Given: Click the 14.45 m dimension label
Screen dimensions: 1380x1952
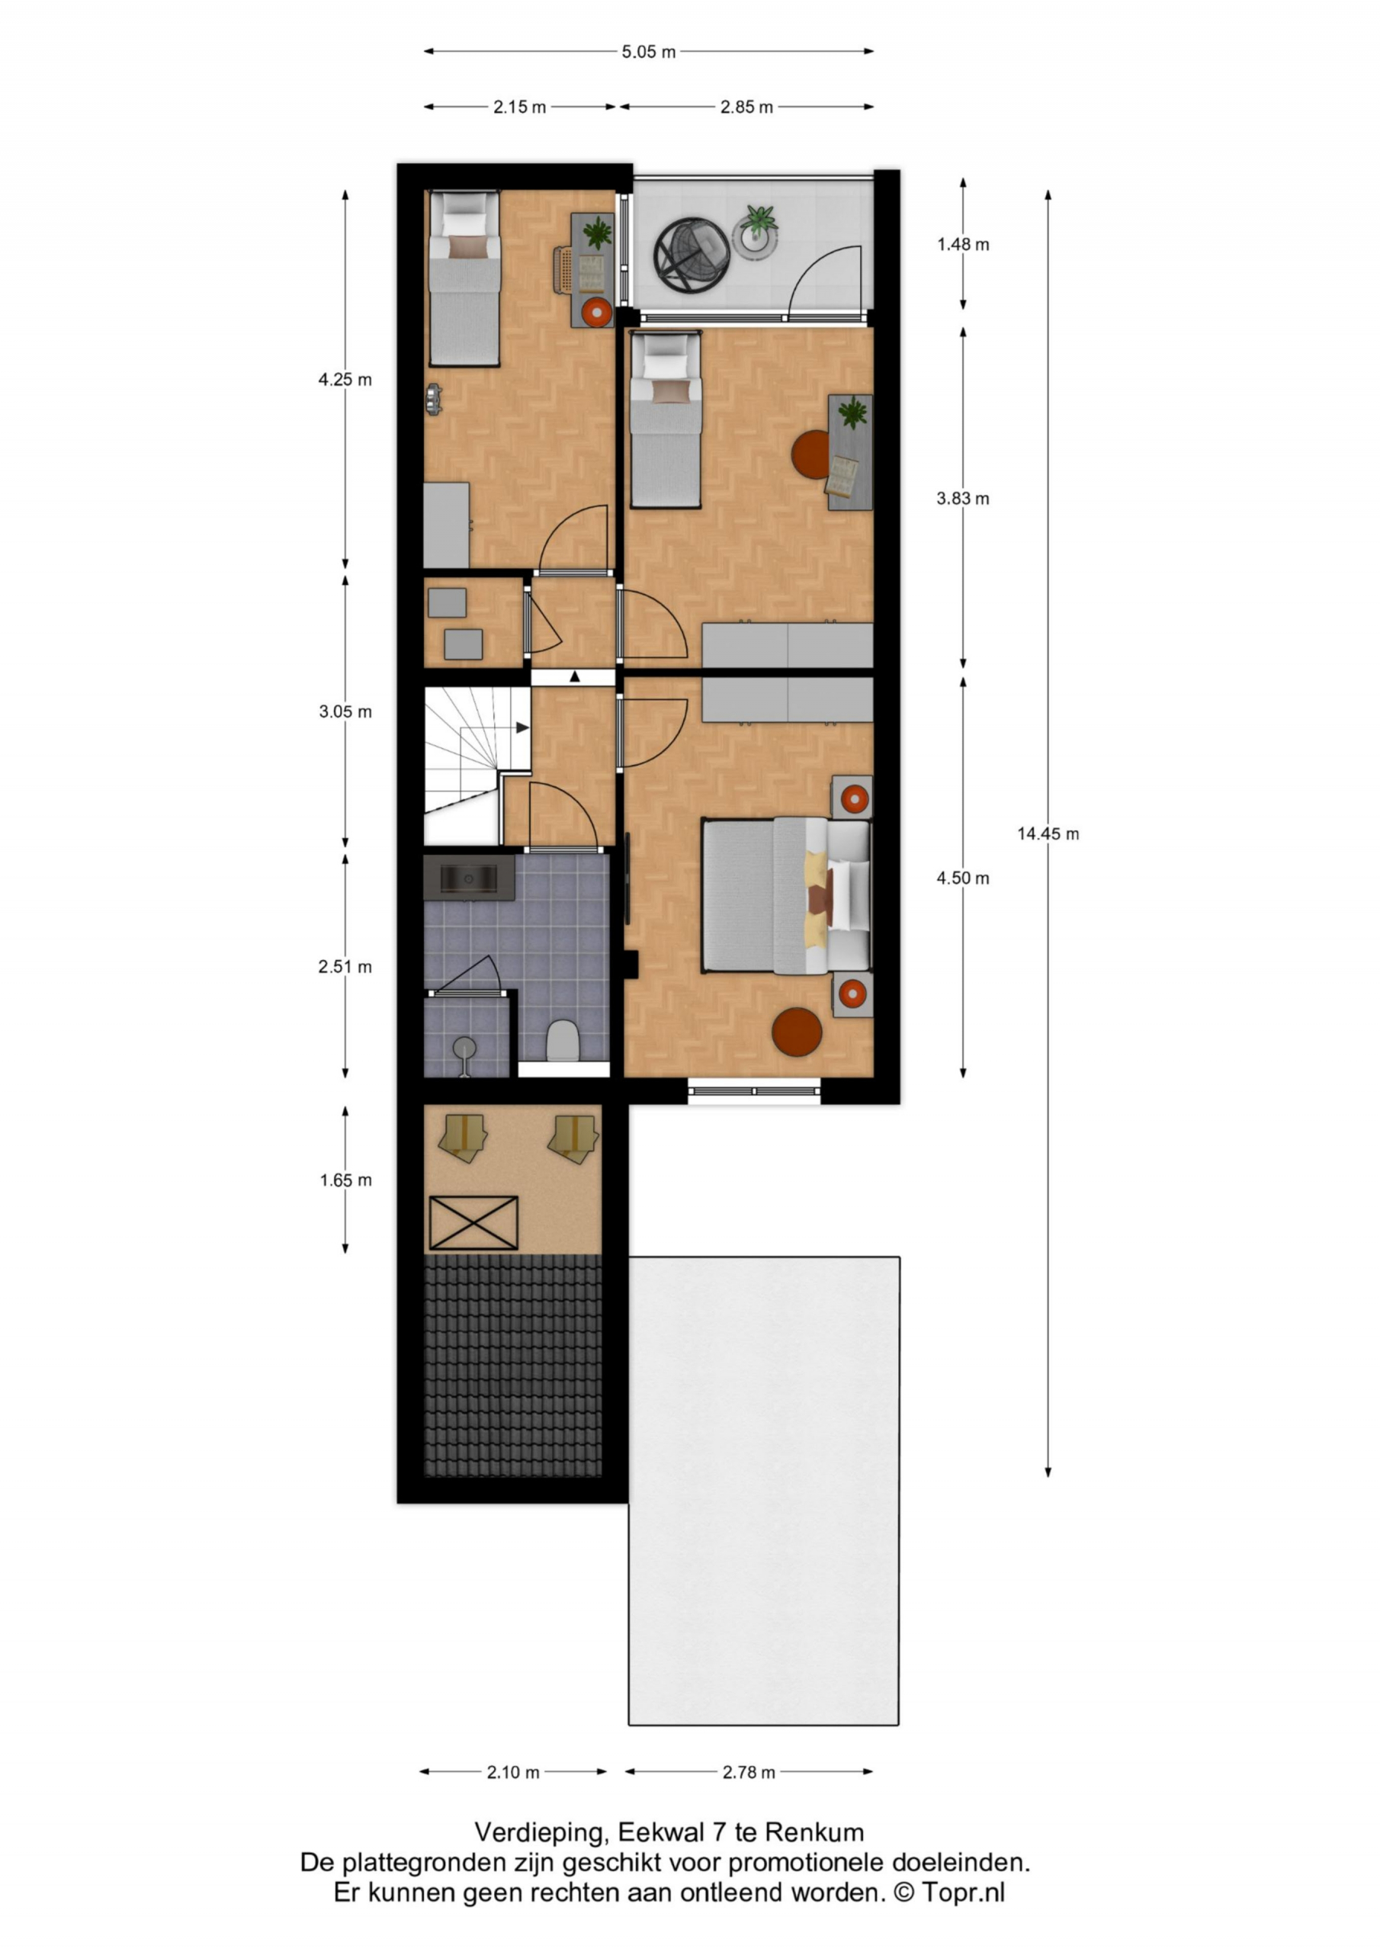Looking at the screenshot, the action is [x=1048, y=834].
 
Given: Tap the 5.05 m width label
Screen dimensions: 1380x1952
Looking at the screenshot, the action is [x=649, y=52].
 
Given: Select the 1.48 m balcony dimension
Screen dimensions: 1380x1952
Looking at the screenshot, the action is [x=964, y=245].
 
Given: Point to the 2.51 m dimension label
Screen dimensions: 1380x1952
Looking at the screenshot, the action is [x=345, y=967].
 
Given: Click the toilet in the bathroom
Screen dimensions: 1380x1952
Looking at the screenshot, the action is [x=562, y=1041].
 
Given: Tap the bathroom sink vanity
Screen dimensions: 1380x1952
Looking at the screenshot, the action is [x=468, y=878].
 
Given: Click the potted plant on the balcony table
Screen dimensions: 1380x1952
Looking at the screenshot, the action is [x=757, y=223].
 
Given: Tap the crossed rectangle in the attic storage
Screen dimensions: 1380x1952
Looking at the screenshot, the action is [x=473, y=1223].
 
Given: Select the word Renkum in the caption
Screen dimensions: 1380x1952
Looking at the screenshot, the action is [x=814, y=1831].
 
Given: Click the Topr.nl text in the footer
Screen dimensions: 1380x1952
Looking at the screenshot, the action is [x=964, y=1893].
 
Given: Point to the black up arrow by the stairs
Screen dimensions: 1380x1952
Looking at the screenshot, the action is [x=575, y=677].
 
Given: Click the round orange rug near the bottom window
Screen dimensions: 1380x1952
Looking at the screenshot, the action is [x=797, y=1032].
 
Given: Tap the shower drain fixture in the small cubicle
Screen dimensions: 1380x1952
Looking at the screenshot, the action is [x=464, y=1048].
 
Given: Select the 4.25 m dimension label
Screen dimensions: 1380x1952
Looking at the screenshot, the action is [x=345, y=380].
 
